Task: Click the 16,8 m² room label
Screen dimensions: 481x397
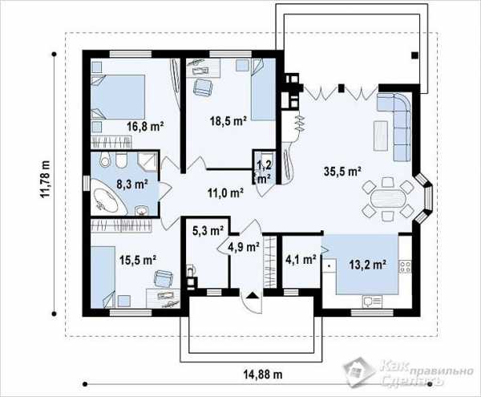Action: pyautogui.click(x=145, y=126)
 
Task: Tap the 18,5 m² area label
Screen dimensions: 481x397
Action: pyautogui.click(x=228, y=121)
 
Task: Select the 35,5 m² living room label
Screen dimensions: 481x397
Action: pyautogui.click(x=342, y=172)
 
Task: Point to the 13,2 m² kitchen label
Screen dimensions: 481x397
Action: pyautogui.click(x=367, y=264)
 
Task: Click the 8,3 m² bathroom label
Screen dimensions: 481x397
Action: pyautogui.click(x=132, y=184)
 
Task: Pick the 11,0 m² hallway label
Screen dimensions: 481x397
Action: pyautogui.click(x=225, y=193)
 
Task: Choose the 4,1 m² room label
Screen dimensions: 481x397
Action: pyautogui.click(x=301, y=260)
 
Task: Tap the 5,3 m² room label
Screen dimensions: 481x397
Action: pyautogui.click(x=208, y=230)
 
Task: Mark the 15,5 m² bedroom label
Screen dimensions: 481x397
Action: pyautogui.click(x=138, y=260)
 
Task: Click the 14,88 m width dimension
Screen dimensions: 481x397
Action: pyautogui.click(x=263, y=375)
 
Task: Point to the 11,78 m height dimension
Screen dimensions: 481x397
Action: pyautogui.click(x=45, y=179)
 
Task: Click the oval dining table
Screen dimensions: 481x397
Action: pyautogui.click(x=388, y=199)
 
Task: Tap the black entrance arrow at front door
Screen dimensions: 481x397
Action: pyautogui.click(x=253, y=295)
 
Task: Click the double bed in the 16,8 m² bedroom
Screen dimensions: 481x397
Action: pyautogui.click(x=118, y=96)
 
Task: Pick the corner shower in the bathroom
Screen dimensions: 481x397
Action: pyautogui.click(x=148, y=162)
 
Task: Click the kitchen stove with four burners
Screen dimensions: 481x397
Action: pyautogui.click(x=405, y=266)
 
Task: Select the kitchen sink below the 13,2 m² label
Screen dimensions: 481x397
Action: pyautogui.click(x=372, y=301)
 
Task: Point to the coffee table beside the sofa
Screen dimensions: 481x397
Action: pyautogui.click(x=381, y=136)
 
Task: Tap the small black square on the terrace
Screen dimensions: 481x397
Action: pyautogui.click(x=414, y=55)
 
